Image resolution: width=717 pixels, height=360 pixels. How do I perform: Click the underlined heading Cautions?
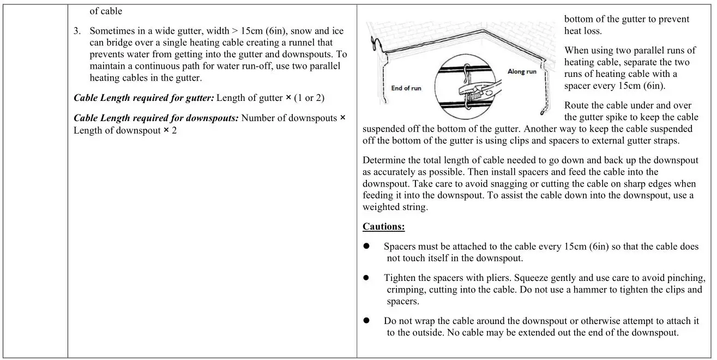pyautogui.click(x=384, y=226)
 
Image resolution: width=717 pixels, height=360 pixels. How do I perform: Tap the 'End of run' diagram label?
pyautogui.click(x=406, y=88)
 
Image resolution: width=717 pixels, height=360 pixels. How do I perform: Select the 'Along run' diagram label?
pyautogui.click(x=522, y=71)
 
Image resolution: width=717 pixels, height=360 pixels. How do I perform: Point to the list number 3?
pyautogui.click(x=77, y=31)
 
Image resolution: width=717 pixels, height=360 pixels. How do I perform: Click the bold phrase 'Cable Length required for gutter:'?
pyautogui.click(x=144, y=98)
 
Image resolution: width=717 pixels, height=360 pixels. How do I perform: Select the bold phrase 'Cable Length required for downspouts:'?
pyautogui.click(x=156, y=118)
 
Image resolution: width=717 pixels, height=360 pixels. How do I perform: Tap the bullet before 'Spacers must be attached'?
pyautogui.click(x=366, y=247)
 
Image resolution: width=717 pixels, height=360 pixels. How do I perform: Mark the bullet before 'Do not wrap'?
pyautogui.click(x=366, y=321)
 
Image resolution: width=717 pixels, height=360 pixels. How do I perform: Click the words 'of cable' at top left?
pyautogui.click(x=106, y=11)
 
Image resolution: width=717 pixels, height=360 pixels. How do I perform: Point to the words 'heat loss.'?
pyautogui.click(x=583, y=31)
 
